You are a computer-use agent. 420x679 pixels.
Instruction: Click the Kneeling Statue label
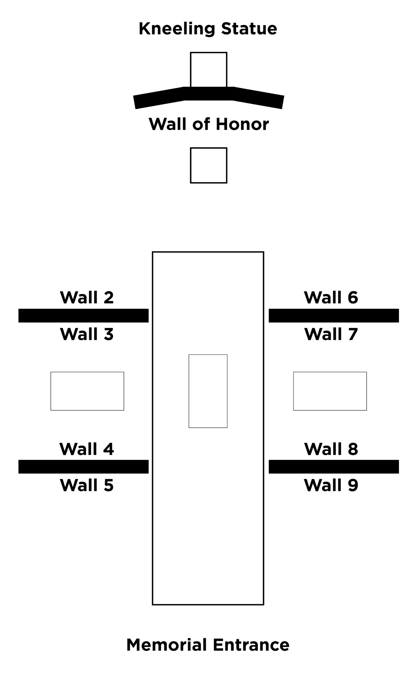[208, 29]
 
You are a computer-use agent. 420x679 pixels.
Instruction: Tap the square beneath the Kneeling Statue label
[209, 53]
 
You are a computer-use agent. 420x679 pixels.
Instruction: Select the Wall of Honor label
[209, 124]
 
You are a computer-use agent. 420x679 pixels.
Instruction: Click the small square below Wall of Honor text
[209, 148]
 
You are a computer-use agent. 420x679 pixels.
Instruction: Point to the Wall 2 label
[87, 297]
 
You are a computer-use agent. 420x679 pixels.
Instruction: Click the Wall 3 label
[87, 334]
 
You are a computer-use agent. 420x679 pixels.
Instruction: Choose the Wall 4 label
[87, 449]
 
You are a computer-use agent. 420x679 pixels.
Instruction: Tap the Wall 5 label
[87, 485]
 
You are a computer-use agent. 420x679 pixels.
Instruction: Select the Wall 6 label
[331, 297]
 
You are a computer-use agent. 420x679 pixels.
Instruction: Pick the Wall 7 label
[331, 334]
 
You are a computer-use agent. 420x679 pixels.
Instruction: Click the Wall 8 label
[331, 449]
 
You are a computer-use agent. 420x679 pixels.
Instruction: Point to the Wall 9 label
[331, 485]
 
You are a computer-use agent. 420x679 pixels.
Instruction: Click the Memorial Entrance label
[208, 645]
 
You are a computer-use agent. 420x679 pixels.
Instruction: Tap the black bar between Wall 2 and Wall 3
[83, 316]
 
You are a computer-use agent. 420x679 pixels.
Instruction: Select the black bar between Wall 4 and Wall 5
[83, 466]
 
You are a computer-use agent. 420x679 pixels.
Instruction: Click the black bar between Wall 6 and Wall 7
[334, 316]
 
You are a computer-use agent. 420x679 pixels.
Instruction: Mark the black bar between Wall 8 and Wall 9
[334, 466]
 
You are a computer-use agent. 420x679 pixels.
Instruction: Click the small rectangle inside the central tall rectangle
[208, 355]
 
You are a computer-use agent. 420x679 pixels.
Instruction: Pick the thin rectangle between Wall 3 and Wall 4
[87, 372]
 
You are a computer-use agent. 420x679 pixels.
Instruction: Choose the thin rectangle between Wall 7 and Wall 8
[330, 372]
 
